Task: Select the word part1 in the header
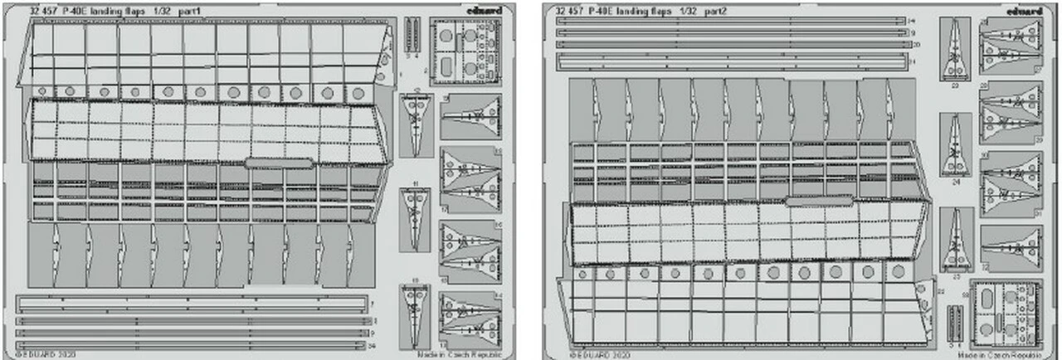(197, 12)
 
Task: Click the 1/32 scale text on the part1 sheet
(163, 12)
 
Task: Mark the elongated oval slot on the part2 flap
(820, 200)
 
